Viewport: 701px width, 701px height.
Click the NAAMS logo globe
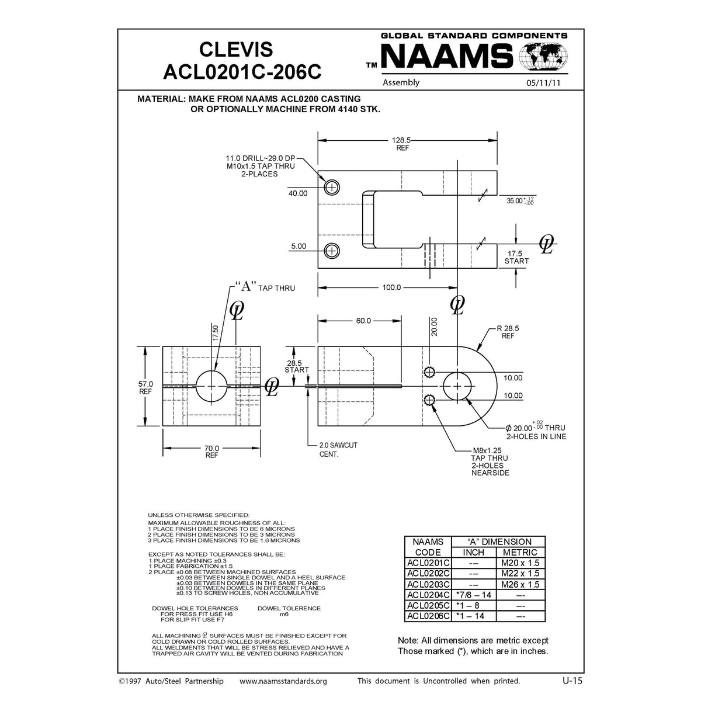coord(544,57)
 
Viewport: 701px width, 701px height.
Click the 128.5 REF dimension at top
coord(401,144)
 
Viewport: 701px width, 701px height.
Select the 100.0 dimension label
coord(391,287)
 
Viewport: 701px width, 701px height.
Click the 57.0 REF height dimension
coord(145,387)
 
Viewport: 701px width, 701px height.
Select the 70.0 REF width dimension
coord(211,452)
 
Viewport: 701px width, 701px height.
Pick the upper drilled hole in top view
coord(332,187)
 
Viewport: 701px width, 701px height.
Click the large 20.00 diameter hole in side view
coord(457,387)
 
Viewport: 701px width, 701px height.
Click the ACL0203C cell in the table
coord(428,584)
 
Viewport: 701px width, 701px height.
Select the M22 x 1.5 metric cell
coord(520,574)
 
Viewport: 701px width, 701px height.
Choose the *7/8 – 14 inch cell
coord(473,595)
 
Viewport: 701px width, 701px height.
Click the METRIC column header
coord(520,552)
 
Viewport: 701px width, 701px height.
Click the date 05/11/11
coord(543,83)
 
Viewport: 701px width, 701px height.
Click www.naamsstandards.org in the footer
coord(283,681)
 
